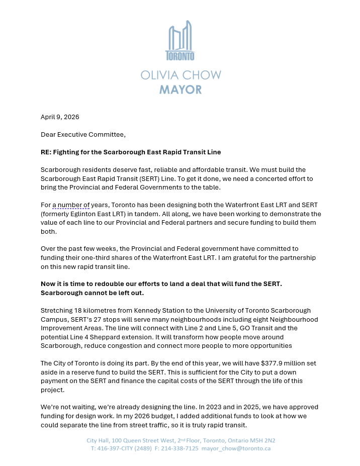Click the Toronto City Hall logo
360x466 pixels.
coord(180,40)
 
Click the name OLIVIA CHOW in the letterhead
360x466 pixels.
coord(181,75)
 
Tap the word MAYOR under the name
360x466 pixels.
coord(181,90)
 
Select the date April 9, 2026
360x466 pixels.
coord(60,117)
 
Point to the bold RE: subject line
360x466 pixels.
coord(131,152)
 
